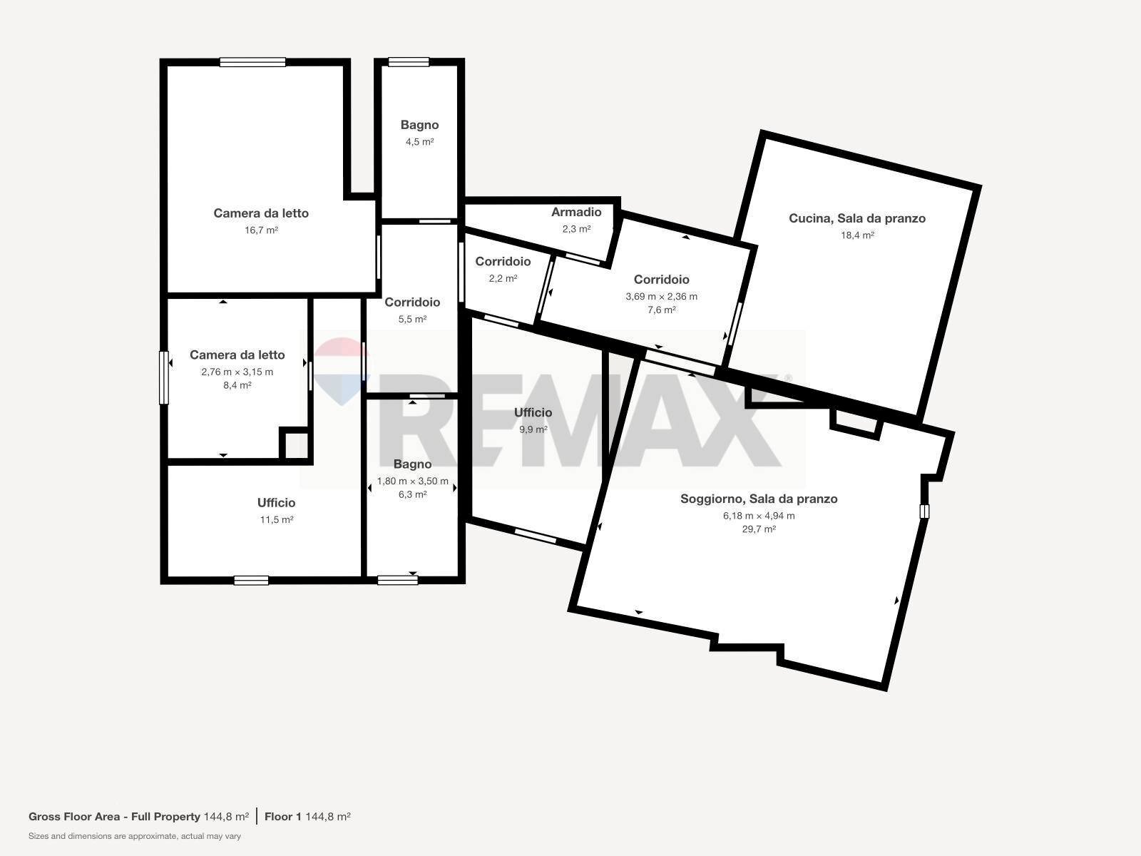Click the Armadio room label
pyautogui.click(x=576, y=212)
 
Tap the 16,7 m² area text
pyautogui.click(x=261, y=230)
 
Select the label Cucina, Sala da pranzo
pyautogui.click(x=857, y=218)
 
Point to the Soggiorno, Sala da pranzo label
pyautogui.click(x=759, y=499)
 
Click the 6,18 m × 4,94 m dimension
pyautogui.click(x=759, y=516)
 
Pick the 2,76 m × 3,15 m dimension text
pyautogui.click(x=237, y=372)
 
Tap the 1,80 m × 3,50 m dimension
pyautogui.click(x=412, y=481)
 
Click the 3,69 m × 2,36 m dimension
pyautogui.click(x=661, y=296)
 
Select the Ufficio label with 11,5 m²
pyautogui.click(x=276, y=503)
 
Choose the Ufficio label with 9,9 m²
pyautogui.click(x=533, y=413)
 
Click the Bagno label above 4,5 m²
pyautogui.click(x=419, y=126)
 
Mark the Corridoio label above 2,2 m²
pyautogui.click(x=503, y=261)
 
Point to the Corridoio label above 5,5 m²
pyautogui.click(x=412, y=302)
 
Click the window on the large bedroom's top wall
pyautogui.click(x=252, y=62)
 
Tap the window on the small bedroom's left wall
pyautogui.click(x=164, y=378)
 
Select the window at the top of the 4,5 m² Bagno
pyautogui.click(x=409, y=62)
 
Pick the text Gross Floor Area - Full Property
pyautogui.click(x=114, y=817)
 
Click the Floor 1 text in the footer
pyautogui.click(x=283, y=817)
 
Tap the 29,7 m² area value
pyautogui.click(x=759, y=529)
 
